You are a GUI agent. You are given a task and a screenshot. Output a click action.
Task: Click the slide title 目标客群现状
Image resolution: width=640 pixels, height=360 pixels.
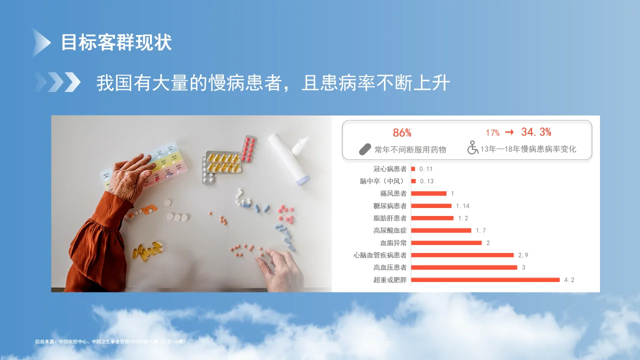tap(116, 42)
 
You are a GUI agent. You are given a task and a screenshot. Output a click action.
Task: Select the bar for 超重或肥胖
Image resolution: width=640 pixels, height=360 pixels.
tap(485, 279)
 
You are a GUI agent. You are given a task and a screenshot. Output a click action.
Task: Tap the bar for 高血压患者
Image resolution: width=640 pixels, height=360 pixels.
tap(464, 267)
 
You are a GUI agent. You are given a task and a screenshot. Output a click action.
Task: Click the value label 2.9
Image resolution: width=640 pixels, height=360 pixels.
tap(523, 255)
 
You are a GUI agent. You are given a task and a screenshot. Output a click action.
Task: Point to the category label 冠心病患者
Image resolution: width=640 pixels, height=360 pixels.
tap(390, 169)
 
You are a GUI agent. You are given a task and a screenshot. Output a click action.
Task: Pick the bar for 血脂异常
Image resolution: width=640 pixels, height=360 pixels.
tap(446, 243)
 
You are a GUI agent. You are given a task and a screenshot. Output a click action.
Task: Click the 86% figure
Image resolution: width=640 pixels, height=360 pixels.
tap(402, 132)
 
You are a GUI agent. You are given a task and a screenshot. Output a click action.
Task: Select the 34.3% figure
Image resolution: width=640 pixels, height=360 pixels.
tap(536, 132)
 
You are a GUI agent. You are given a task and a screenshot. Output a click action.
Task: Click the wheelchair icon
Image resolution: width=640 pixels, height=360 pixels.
tap(472, 148)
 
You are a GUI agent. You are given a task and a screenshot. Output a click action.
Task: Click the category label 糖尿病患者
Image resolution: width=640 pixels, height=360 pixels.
tap(390, 206)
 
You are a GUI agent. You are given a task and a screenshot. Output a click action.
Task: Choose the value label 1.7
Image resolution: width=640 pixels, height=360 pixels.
tap(480, 230)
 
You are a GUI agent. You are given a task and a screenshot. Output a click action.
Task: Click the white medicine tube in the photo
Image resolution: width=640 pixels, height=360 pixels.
tap(288, 157)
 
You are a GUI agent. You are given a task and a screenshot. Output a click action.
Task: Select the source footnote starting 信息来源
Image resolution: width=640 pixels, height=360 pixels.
tap(110, 342)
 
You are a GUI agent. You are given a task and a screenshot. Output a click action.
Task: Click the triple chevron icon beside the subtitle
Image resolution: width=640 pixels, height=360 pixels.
tap(57, 82)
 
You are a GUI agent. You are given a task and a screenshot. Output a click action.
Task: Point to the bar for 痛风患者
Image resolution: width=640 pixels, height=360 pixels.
tap(428, 193)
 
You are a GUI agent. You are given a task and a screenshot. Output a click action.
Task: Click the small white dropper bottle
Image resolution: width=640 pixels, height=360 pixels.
tap(300, 145)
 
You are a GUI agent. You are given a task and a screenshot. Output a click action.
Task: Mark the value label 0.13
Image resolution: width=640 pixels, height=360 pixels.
tap(426, 181)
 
